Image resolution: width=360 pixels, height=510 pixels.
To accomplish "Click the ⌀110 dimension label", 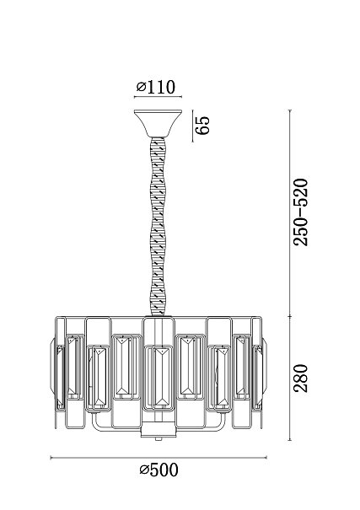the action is point(156,87).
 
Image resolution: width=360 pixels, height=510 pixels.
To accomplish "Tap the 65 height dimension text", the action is point(202,126).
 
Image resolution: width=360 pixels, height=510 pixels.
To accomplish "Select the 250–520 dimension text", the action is point(300,212).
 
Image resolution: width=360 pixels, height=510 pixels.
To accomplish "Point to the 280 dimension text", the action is point(300,378).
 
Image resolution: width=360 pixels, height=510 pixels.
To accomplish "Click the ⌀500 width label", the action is point(159,470).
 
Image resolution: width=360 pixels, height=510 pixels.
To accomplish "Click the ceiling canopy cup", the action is point(158,123).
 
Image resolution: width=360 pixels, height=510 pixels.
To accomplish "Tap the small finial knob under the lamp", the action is point(159,439).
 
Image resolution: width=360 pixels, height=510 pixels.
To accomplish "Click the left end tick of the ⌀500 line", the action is point(51,458).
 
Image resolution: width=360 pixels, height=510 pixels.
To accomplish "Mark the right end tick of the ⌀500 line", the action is point(266,458).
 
